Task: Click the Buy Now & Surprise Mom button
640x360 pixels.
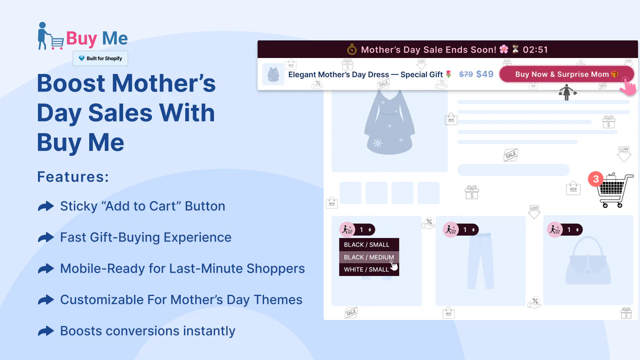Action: click(566, 74)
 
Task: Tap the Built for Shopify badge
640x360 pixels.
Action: click(100, 58)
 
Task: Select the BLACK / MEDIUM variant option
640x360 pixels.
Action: click(369, 257)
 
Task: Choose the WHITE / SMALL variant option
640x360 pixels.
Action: click(366, 269)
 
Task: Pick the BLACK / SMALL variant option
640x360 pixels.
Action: click(366, 244)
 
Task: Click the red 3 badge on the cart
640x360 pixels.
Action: click(595, 179)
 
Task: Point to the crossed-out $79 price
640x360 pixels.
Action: click(466, 74)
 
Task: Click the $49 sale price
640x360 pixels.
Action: click(484, 74)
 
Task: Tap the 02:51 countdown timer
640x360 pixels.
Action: click(535, 49)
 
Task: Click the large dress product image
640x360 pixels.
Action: click(388, 122)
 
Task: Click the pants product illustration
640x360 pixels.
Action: click(480, 260)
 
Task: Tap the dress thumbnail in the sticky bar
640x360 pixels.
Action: click(273, 74)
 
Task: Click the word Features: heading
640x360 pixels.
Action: click(73, 177)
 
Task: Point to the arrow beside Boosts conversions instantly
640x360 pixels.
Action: click(46, 331)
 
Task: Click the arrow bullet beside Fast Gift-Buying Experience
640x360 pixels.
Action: click(46, 237)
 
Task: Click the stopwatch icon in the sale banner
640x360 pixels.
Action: click(352, 49)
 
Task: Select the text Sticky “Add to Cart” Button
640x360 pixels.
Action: click(142, 206)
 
